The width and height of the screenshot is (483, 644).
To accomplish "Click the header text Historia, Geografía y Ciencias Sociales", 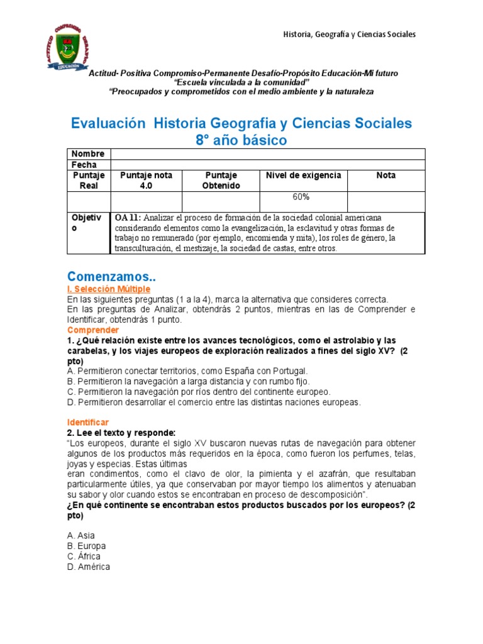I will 348,34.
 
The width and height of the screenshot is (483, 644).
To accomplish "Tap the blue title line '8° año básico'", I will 241,140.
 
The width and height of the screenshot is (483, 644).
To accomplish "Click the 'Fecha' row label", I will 84,165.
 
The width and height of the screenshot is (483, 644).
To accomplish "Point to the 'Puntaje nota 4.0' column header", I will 146,180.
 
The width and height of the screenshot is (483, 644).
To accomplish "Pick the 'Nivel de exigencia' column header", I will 304,175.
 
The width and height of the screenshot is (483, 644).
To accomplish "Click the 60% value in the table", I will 301,197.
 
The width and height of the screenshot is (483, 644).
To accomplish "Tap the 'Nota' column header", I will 386,175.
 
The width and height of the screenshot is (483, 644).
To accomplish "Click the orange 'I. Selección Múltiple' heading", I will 109,289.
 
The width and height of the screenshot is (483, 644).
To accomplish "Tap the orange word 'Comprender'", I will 93,330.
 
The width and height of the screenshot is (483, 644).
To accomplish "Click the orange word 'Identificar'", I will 88,421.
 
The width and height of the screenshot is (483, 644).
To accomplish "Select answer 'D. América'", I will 88,567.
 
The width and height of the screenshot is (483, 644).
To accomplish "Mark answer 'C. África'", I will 84,557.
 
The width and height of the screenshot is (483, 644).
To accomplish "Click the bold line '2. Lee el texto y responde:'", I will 121,432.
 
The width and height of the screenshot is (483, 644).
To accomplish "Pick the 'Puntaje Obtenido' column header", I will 221,180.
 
